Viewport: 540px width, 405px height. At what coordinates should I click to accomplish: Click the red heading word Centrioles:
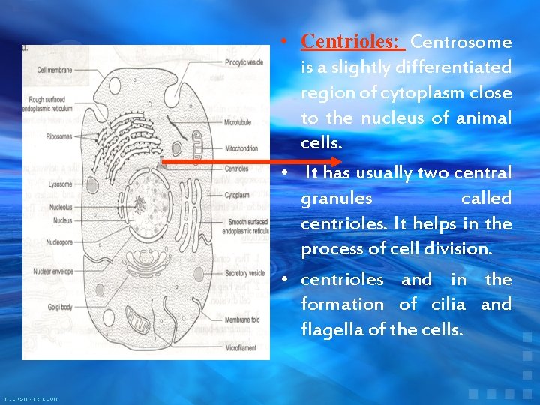[x=352, y=41]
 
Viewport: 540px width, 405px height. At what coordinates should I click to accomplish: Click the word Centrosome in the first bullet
[x=461, y=42]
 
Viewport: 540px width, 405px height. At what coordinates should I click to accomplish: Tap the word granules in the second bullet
[x=336, y=199]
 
